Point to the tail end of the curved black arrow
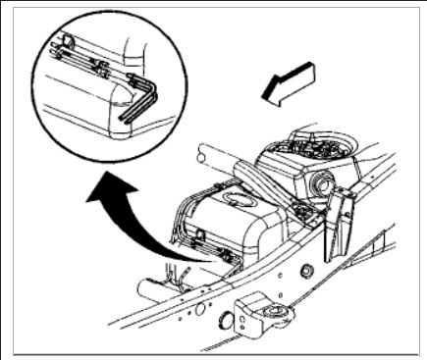[x=190, y=258]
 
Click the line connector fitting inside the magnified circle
[x=101, y=69]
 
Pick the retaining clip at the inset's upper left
[x=66, y=41]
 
